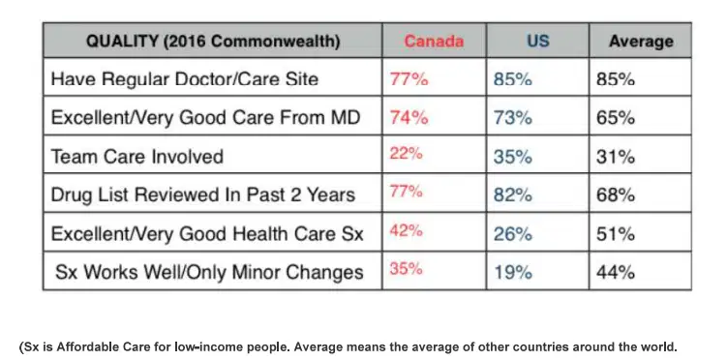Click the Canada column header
(434, 42)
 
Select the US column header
(538, 42)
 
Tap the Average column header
(641, 42)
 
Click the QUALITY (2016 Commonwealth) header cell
(213, 42)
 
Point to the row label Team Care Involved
(136, 157)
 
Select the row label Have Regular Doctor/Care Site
(185, 79)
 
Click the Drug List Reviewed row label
(202, 195)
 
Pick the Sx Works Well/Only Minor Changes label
(209, 272)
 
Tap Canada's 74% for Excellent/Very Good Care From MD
(409, 118)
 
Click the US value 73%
(512, 118)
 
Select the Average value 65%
(616, 118)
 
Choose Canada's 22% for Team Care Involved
(407, 153)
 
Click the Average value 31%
(616, 157)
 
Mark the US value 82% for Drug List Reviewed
(512, 195)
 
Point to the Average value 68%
(616, 195)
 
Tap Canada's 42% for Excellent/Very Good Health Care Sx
(407, 230)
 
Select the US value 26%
(512, 234)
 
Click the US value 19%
(512, 273)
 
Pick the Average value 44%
(616, 273)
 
